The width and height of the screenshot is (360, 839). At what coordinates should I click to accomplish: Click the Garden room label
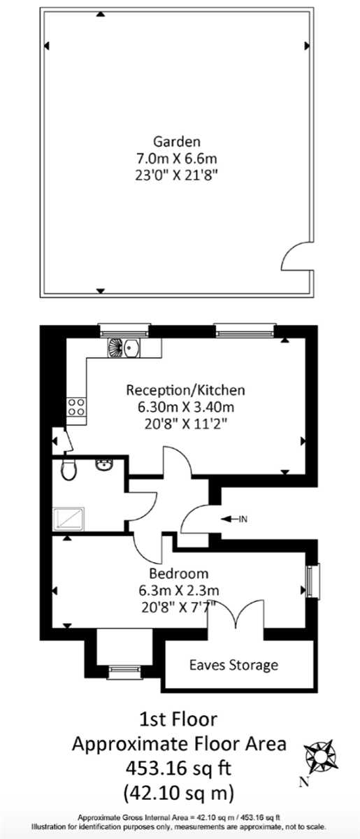coord(177,141)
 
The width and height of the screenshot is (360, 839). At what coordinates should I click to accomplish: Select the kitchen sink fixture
coord(124,347)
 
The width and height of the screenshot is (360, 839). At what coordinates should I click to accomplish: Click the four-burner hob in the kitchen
coord(76,407)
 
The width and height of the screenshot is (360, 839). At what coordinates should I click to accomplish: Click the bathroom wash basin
coord(103,465)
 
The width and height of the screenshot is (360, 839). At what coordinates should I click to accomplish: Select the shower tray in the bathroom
coord(69,519)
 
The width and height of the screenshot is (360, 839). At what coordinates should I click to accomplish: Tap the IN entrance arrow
coord(233,519)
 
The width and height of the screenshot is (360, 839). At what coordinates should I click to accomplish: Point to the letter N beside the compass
coord(304,782)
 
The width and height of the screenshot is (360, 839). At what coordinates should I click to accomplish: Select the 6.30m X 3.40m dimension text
coord(186,407)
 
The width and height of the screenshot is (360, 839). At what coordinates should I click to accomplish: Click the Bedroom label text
coord(179,573)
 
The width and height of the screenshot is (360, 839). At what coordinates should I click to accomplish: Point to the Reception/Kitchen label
coord(185,390)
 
